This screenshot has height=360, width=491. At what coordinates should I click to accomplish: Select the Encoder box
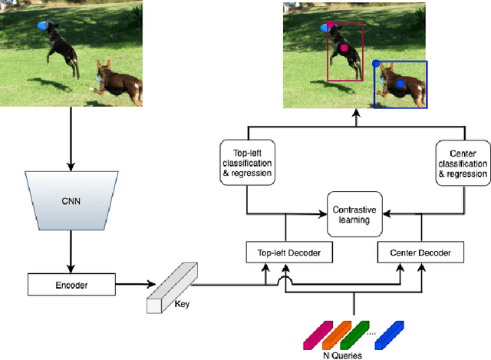[x=71, y=285]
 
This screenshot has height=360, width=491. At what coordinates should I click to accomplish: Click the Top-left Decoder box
[x=283, y=251]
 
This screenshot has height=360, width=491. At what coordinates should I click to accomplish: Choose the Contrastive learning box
[x=354, y=213]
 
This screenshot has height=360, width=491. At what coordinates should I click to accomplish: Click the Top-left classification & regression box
[x=246, y=163]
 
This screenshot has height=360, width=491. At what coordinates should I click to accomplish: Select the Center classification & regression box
[x=462, y=163]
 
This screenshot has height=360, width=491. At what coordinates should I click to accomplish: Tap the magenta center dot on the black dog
[x=344, y=48]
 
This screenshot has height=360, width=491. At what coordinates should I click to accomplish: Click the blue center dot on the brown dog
[x=400, y=84]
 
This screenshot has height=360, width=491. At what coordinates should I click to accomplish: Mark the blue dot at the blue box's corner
[x=375, y=63]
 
